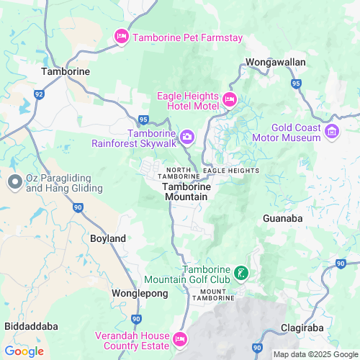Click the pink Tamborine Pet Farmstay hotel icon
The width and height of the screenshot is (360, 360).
pyautogui.click(x=122, y=37)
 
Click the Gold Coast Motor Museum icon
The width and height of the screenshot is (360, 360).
pyautogui.click(x=332, y=131)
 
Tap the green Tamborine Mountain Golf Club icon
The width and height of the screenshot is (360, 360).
pyautogui.click(x=242, y=273)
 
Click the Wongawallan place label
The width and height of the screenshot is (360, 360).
pyautogui.click(x=276, y=63)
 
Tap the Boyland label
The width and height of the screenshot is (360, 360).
pyautogui.click(x=108, y=238)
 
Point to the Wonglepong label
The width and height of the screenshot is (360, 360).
pyautogui.click(x=140, y=294)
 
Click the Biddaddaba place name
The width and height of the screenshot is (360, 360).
pyautogui.click(x=31, y=326)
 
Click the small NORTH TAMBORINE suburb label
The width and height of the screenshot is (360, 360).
pyautogui.click(x=179, y=173)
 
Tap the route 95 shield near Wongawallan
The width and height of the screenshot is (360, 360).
pyautogui.click(x=296, y=84)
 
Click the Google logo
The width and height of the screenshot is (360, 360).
pyautogui.click(x=24, y=351)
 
